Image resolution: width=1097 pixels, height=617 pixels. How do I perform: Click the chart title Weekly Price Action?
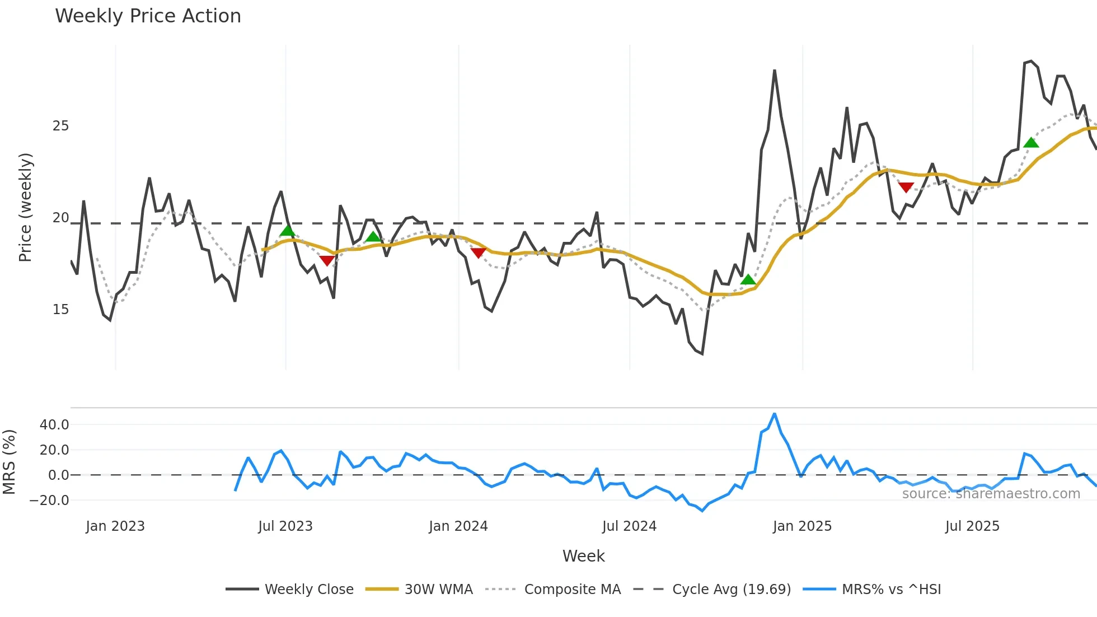pos(148,16)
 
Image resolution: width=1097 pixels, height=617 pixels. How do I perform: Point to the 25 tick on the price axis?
pos(60,126)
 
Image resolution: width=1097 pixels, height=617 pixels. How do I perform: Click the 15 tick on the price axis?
pos(60,310)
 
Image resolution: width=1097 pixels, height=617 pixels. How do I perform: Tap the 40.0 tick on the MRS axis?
pos(54,425)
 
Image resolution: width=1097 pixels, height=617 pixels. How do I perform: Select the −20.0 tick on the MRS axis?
pos(50,501)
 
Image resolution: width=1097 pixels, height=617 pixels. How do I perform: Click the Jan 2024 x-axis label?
pos(458,526)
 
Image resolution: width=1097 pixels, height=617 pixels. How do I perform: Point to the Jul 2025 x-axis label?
pos(972,526)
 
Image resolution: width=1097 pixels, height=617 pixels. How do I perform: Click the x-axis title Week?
pos(583,556)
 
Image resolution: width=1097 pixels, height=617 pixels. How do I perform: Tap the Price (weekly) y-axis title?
pos(25,207)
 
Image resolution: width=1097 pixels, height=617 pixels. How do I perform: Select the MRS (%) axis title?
pos(9,462)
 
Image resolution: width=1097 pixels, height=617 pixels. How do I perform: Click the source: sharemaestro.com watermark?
pos(991,494)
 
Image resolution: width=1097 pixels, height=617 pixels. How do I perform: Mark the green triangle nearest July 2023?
pos(287,231)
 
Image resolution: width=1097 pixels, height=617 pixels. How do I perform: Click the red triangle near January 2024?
pos(478,253)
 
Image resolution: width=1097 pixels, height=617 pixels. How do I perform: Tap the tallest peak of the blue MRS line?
pos(775,414)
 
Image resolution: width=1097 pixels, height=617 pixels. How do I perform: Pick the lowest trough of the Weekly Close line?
pos(702,354)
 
